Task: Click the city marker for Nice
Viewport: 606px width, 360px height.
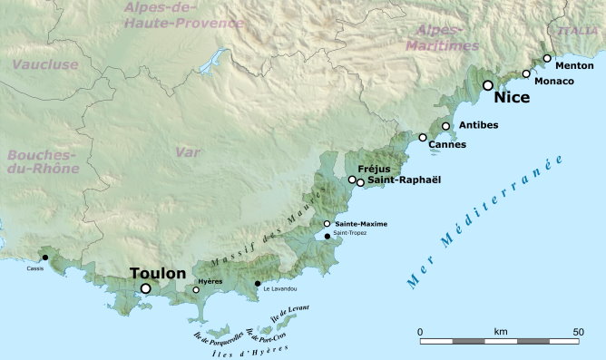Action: (488, 85)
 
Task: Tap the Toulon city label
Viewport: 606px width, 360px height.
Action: (158, 273)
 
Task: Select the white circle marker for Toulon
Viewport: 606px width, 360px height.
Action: (145, 288)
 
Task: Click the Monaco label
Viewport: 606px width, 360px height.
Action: (554, 82)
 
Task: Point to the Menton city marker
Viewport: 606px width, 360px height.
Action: (547, 58)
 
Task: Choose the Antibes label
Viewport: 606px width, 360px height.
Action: (478, 125)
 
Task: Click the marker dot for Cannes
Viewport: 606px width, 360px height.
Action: (423, 137)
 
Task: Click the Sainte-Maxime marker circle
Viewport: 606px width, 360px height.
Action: (327, 223)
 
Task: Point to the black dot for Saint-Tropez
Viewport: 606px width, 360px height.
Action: (327, 236)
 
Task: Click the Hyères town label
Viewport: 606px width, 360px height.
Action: (210, 281)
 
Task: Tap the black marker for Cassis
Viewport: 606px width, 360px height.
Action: (45, 258)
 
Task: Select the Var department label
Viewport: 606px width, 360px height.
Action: (188, 152)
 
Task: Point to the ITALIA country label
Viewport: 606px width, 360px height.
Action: (578, 30)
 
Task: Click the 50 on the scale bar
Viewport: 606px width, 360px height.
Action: (578, 332)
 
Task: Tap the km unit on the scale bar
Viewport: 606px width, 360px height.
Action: (501, 332)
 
